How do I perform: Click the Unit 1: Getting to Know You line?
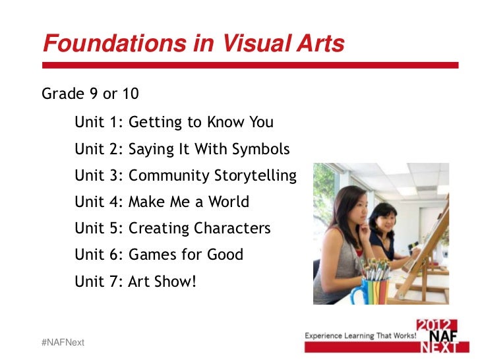tap(174, 123)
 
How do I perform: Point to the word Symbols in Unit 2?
tap(261, 149)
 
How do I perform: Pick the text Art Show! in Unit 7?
tap(163, 282)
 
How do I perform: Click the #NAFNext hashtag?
tap(63, 343)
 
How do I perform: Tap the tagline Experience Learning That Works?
tap(360, 336)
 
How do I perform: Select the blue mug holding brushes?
tap(365, 289)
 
